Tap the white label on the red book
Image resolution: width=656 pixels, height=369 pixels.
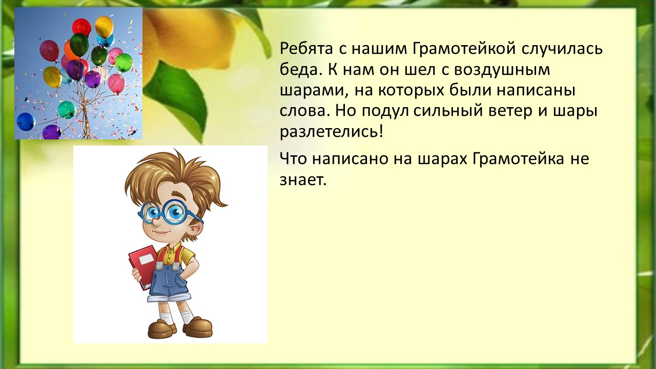(147, 259)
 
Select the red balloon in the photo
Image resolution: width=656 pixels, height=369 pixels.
(81, 27)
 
